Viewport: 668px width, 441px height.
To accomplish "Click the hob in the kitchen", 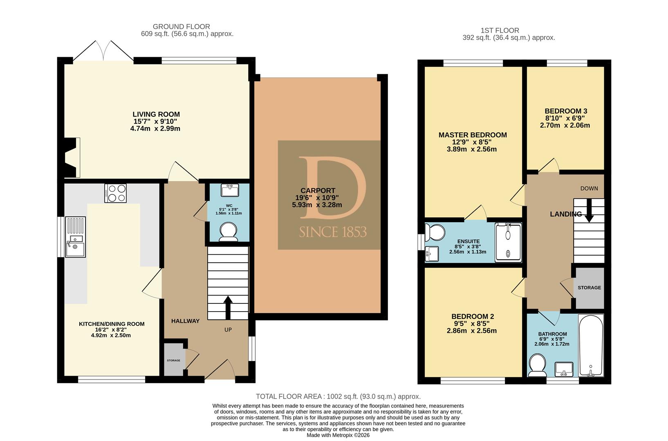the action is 115,193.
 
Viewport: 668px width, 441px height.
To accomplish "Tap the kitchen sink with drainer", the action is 76,237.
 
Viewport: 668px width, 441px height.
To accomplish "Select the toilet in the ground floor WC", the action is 228,232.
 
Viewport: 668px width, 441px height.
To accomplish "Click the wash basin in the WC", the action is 230,190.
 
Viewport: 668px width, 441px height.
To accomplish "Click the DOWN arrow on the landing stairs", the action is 589,210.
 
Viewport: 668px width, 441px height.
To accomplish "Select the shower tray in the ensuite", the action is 508,243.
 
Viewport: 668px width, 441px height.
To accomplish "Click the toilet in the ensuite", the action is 435,232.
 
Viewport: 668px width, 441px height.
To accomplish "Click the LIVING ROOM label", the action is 156,114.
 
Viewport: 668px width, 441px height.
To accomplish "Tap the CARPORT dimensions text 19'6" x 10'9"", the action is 317,198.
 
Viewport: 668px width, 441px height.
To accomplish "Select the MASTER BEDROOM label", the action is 473,135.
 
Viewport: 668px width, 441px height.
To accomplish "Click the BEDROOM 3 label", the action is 566,111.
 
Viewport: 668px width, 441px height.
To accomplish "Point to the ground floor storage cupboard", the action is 174,360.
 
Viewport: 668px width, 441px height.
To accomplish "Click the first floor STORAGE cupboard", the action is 590,287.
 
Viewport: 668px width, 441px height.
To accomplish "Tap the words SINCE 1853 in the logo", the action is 333,232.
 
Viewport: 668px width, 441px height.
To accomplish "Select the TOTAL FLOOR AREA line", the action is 338,396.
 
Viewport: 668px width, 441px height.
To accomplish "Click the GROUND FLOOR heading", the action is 182,27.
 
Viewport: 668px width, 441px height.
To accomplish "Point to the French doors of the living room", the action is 103,51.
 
